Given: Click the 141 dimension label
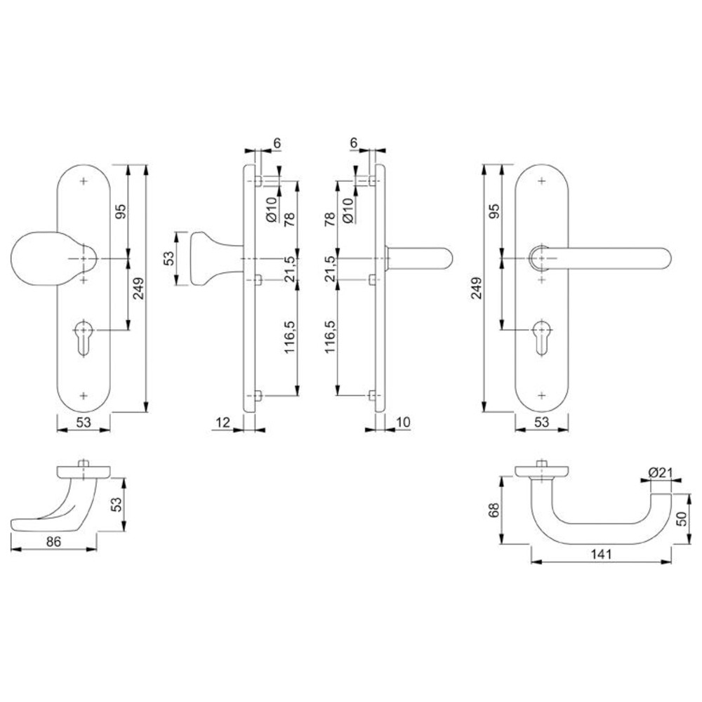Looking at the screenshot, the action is [x=601, y=555].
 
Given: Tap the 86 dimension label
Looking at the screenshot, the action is [x=53, y=542].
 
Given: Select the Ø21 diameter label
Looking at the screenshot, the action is [x=661, y=472].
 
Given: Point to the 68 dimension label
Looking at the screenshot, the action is [x=494, y=510].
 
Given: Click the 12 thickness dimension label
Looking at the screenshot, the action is [x=223, y=422].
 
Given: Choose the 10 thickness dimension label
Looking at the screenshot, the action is [x=403, y=422].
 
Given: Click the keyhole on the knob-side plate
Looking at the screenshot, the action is [x=84, y=338].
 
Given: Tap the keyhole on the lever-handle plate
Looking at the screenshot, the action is [x=542, y=338].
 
